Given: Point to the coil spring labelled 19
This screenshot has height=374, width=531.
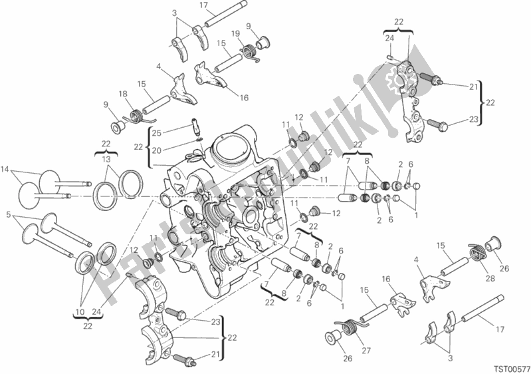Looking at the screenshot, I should pos(251,50).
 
